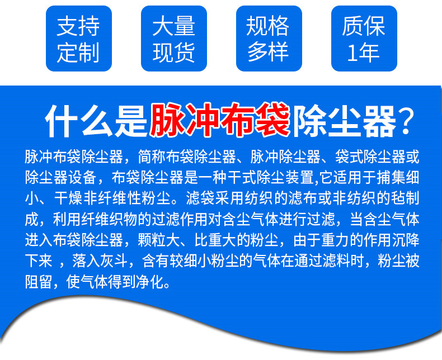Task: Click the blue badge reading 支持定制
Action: pos(79,39)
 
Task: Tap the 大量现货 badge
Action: pos(174,39)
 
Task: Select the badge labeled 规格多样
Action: pos(269,39)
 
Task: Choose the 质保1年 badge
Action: pos(364,39)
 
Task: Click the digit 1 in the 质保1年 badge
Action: pos(352,53)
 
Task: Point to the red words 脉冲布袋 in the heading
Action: pos(220,120)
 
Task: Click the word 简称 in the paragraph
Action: pos(152,157)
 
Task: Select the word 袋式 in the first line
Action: pos(349,157)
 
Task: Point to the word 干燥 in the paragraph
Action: pos(68,198)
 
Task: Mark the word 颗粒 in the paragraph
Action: pos(152,240)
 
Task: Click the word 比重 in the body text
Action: pos(208,240)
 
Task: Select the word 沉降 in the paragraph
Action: pos(406,240)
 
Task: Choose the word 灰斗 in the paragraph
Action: pos(115,261)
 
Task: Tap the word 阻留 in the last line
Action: pos(39,282)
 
